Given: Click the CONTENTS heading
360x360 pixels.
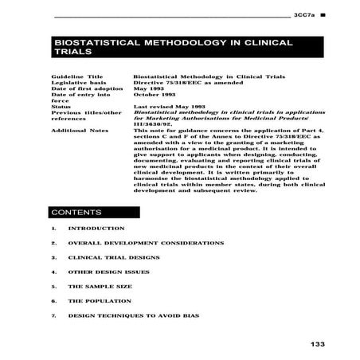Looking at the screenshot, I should [76, 213].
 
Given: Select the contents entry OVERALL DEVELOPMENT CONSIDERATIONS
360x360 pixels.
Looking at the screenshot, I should [146, 243].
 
